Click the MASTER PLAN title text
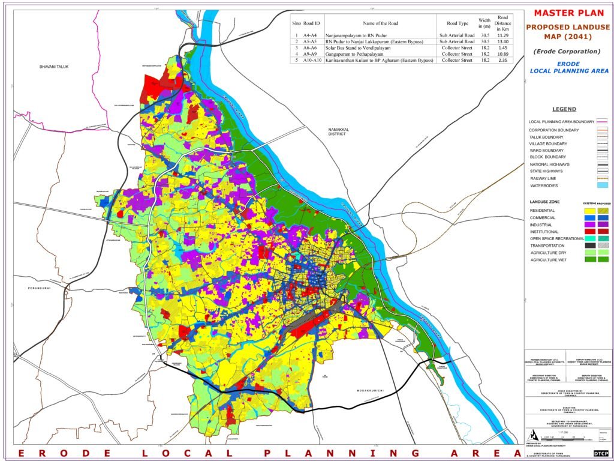click(x=567, y=13)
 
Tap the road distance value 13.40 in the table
click(x=503, y=41)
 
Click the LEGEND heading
click(x=564, y=109)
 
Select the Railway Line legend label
click(x=546, y=178)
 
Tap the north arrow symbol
click(x=531, y=435)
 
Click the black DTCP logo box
click(x=600, y=452)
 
